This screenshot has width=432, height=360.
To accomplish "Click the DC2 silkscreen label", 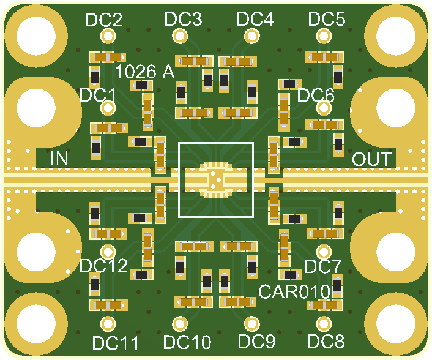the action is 104,20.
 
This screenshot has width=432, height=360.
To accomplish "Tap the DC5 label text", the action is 327,19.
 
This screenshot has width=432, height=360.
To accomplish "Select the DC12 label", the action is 103,266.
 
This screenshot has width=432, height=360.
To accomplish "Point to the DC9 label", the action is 256,341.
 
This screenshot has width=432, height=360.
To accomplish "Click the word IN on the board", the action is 59,159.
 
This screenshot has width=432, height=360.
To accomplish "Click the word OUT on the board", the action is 371,159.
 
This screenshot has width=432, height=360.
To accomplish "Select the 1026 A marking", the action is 145,72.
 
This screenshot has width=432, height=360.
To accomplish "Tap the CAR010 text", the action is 294,291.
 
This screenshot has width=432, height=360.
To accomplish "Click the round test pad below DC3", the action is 180,36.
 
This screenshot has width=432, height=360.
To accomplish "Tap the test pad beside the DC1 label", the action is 108,108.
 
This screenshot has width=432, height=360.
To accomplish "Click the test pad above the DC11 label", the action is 108,324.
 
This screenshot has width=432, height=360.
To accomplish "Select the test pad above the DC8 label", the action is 324,324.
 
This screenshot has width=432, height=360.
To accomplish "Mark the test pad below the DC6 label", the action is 324,108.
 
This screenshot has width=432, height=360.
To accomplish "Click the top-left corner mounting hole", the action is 36,36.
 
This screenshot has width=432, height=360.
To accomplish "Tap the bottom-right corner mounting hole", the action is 396,324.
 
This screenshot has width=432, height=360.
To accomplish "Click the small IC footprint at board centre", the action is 216,180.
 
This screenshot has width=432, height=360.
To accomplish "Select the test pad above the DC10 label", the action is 180,324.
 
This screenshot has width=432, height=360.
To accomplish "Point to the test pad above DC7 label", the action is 324,252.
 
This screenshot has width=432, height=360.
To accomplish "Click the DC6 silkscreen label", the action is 316,96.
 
